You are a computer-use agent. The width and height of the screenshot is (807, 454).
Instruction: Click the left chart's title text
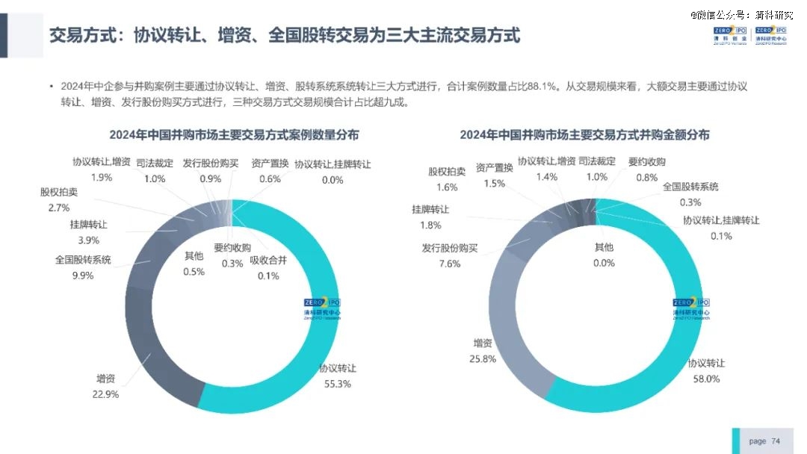234,135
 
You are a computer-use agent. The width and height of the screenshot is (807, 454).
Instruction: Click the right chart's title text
584,135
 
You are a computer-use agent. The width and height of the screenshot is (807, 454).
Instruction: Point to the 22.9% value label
105,394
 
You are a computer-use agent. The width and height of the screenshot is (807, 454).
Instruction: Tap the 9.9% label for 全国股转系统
82,276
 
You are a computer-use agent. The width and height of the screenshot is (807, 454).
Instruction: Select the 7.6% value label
450,264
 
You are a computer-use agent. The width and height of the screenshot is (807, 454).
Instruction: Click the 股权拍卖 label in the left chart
59,192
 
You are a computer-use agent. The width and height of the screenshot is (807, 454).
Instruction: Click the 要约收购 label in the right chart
646,161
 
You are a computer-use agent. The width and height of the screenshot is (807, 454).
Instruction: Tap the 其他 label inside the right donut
604,247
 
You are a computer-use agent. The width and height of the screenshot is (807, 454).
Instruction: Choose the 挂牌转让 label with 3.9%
88,224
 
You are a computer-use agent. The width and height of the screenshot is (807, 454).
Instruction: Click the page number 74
776,441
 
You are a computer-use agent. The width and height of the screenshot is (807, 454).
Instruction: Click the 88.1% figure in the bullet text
542,87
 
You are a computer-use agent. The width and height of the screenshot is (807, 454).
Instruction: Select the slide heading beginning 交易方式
284,35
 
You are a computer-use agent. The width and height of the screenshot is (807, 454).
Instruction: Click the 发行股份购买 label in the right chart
450,248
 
